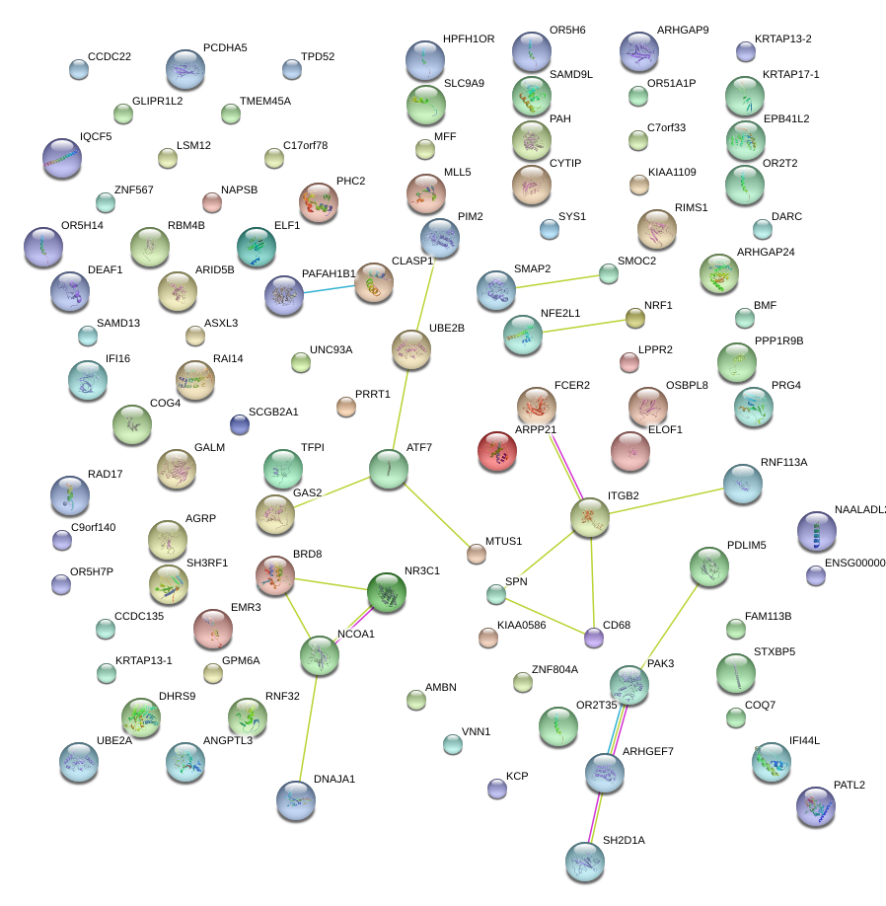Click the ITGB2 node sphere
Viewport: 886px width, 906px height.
[x=590, y=517]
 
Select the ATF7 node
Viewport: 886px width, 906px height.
[x=388, y=470]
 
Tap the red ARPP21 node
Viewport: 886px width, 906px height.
[x=497, y=451]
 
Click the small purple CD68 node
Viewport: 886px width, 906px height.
[x=593, y=638]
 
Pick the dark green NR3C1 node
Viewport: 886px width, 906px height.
[x=386, y=592]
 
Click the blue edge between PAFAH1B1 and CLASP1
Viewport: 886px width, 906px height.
[x=329, y=288]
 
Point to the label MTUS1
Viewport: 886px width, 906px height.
[x=503, y=542]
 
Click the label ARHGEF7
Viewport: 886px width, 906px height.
[x=647, y=752]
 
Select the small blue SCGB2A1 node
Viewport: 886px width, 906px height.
[x=239, y=424]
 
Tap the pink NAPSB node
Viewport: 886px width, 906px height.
[x=211, y=203]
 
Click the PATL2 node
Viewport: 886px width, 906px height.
[x=815, y=806]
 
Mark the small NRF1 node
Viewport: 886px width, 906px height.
[x=634, y=318]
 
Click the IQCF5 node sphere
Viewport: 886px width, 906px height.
[x=62, y=158]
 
